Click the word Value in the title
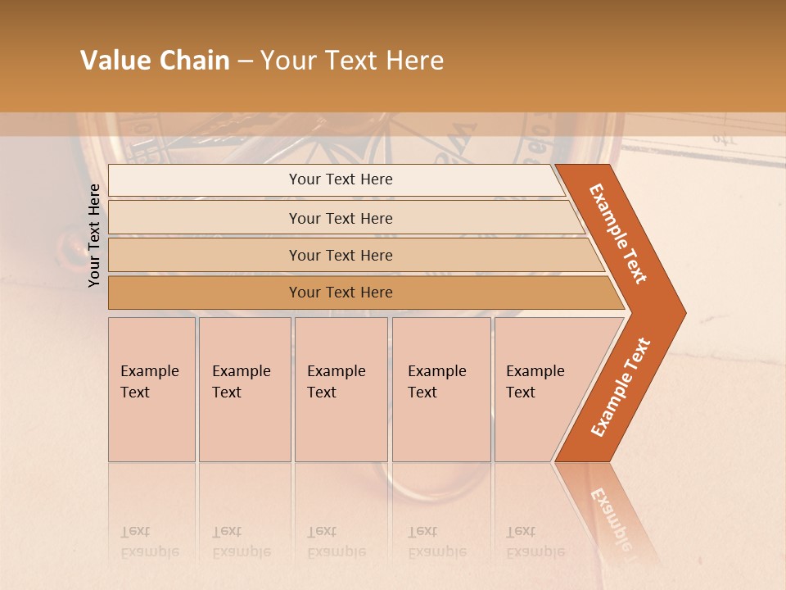tap(113, 61)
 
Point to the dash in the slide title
tap(245, 61)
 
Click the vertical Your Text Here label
tap(94, 235)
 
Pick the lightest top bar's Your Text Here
tap(341, 179)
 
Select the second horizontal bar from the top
tap(341, 218)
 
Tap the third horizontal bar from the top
tap(341, 255)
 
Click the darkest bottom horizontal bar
tap(341, 293)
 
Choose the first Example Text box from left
tap(151, 389)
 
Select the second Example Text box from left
tap(245, 389)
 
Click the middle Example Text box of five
tap(341, 389)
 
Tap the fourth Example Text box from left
tap(441, 389)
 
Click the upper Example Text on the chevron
tap(618, 234)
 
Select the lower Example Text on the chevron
tap(620, 388)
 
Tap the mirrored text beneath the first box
tap(149, 542)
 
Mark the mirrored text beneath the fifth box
tap(535, 542)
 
